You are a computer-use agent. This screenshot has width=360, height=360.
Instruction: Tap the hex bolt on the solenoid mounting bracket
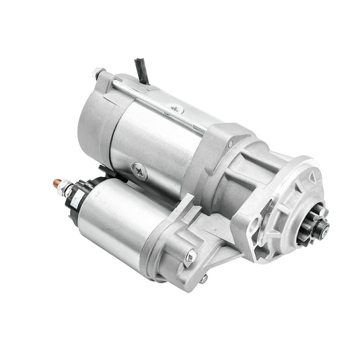click(190, 255)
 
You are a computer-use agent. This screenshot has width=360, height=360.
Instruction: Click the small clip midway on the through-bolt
click(176, 108)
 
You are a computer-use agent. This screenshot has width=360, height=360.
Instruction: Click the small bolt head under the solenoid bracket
click(203, 278)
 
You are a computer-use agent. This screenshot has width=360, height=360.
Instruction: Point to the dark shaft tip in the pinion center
click(325, 230)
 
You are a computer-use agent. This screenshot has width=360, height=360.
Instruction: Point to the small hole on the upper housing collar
click(231, 143)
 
